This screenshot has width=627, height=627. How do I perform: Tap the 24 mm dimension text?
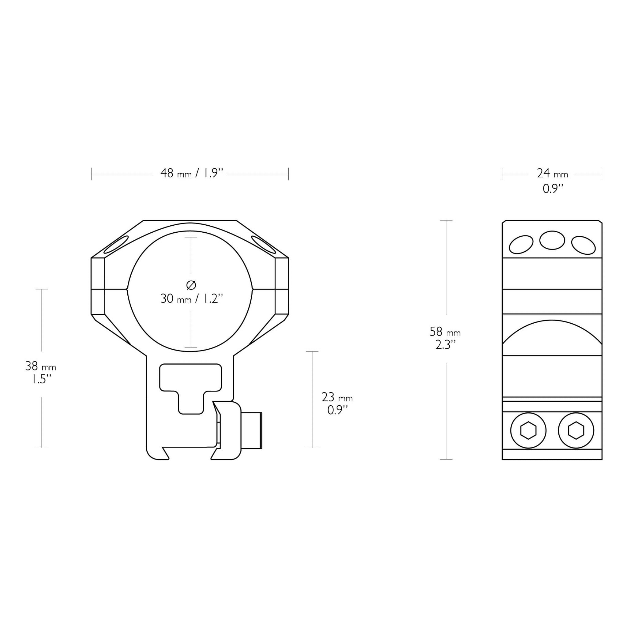pyautogui.click(x=552, y=174)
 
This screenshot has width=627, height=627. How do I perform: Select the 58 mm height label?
pyautogui.click(x=445, y=332)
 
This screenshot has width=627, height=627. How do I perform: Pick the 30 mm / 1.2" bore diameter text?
pyautogui.click(x=192, y=298)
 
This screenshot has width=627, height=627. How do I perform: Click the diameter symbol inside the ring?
pyautogui.click(x=191, y=285)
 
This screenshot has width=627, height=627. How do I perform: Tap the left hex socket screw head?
pyautogui.click(x=528, y=430)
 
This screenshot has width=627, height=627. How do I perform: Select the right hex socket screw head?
pyautogui.click(x=576, y=430)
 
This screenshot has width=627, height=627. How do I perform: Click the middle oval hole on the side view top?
pyautogui.click(x=552, y=240)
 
